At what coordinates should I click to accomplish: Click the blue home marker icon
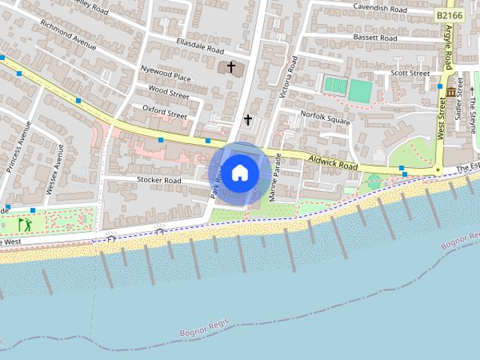(239, 173)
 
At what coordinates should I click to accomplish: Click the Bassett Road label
(376, 37)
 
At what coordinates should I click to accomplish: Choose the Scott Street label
(410, 73)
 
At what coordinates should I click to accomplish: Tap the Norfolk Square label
(325, 115)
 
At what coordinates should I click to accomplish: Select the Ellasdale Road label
(199, 45)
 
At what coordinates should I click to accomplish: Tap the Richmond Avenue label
(68, 34)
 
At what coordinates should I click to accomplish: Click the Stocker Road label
(159, 180)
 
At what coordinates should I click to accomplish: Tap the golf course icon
(25, 223)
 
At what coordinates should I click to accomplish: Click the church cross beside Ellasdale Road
(231, 68)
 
